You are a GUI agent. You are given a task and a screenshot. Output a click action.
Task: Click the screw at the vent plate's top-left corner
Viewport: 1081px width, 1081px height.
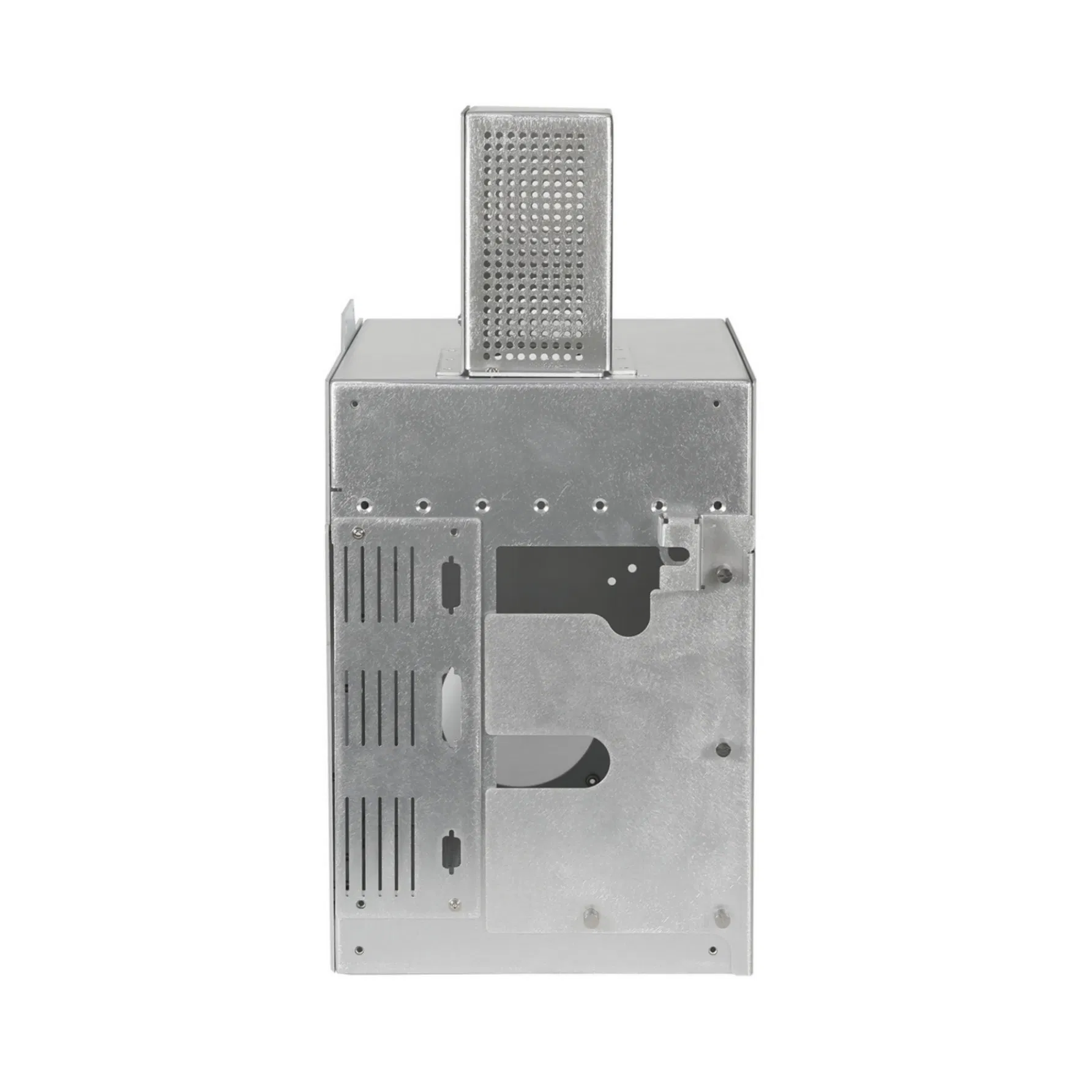357,533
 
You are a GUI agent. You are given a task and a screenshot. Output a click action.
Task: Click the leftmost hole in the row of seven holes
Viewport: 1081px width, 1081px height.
365,506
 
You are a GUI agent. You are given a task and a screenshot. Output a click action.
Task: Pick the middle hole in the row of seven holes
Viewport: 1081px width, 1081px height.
541,506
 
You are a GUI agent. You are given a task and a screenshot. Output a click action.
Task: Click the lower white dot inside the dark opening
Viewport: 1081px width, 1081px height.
612,578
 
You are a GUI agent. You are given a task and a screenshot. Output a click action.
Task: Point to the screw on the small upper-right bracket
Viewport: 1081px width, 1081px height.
725,573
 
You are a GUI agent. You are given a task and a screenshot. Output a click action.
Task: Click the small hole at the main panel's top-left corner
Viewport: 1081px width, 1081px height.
354,404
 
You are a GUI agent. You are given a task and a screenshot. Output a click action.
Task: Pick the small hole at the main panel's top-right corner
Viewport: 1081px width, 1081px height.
716,403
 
